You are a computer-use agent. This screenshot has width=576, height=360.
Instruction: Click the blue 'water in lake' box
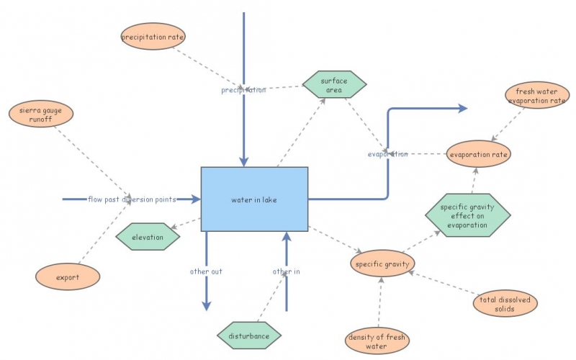click(254, 199)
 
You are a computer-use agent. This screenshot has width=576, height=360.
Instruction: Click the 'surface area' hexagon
click(334, 85)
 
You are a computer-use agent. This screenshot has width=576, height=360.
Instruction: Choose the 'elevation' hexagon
click(147, 237)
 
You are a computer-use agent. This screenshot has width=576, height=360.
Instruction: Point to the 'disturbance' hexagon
click(249, 336)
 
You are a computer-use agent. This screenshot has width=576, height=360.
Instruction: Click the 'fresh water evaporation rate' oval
click(536, 96)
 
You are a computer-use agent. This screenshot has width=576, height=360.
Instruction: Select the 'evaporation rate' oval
click(479, 154)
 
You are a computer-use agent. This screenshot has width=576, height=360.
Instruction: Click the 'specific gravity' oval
click(382, 264)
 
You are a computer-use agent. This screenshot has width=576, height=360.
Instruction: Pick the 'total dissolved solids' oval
click(505, 303)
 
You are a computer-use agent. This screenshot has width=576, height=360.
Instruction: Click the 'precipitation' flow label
click(243, 90)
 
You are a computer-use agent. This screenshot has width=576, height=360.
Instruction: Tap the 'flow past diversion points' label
click(131, 199)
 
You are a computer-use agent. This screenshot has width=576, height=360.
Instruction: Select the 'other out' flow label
click(206, 271)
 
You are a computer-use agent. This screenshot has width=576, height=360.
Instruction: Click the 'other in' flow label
click(286, 271)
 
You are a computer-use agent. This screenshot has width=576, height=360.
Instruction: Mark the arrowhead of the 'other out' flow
click(207, 305)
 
